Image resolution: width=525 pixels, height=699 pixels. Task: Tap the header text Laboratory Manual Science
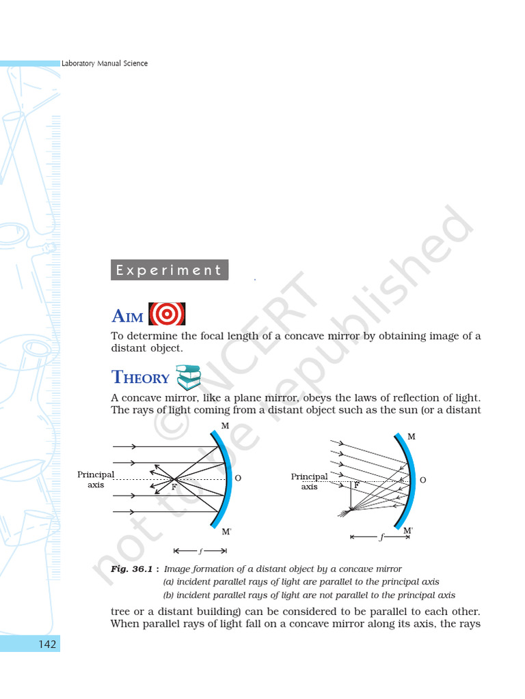pos(105,63)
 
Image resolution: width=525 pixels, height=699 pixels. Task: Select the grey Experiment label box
pos(169,270)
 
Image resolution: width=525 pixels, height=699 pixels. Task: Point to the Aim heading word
pos(127,316)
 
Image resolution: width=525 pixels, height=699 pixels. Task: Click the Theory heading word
pos(140,377)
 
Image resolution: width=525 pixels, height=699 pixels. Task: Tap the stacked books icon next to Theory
pos(189,377)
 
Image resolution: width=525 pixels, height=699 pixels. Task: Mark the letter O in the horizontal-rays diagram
pos(238,479)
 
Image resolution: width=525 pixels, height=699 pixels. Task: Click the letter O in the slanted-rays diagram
pos(423,481)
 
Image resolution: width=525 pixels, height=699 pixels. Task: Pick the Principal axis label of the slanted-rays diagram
pos(309,481)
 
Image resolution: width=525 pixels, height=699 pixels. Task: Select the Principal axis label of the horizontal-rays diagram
pos(96,479)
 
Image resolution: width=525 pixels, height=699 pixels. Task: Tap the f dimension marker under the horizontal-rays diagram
pos(200,550)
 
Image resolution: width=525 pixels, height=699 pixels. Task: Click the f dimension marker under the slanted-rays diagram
pos(380,537)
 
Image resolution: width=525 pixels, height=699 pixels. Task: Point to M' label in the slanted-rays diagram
pos(407,530)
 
